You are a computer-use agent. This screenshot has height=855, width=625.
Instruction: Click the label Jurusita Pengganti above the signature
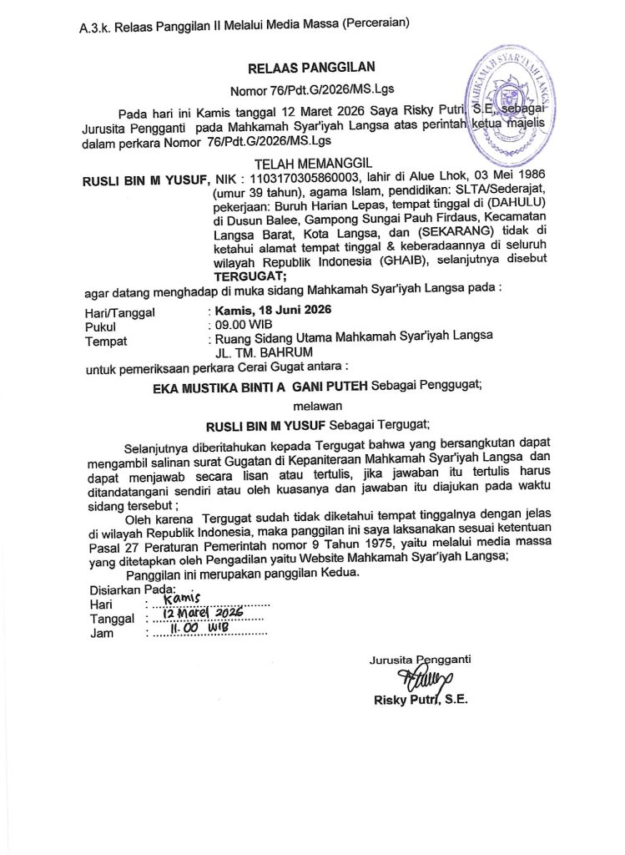click(x=420, y=660)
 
